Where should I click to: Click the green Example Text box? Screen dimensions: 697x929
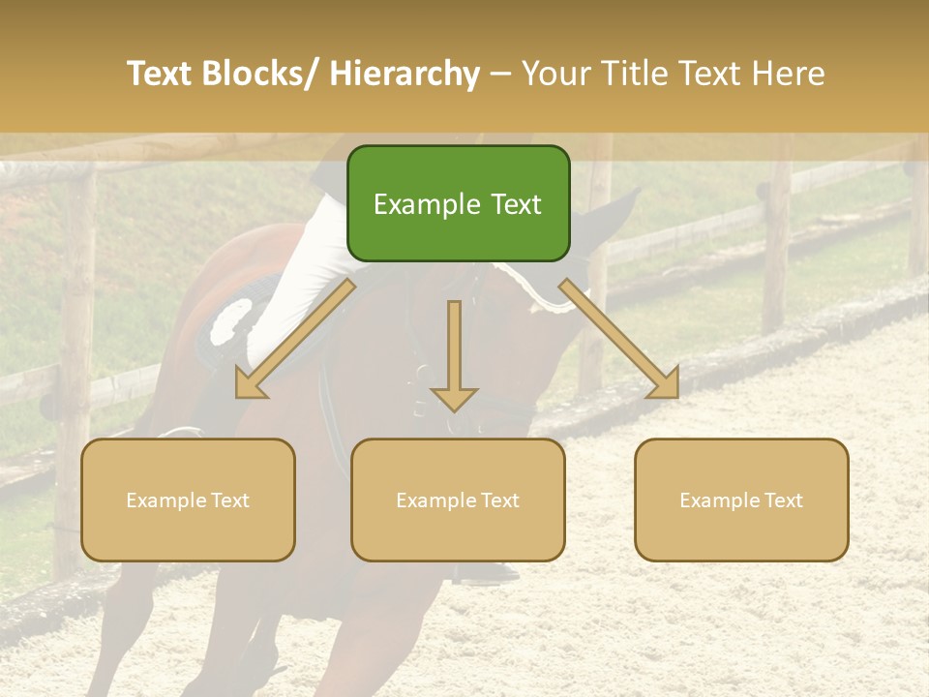[x=458, y=203]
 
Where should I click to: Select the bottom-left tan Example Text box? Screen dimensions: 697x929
[x=188, y=500]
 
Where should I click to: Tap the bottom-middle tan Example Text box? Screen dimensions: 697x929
[x=458, y=500]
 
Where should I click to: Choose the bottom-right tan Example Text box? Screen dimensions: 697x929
[x=741, y=500]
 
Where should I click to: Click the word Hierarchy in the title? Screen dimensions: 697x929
[x=404, y=74]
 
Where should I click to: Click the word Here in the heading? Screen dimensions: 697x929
[x=788, y=74]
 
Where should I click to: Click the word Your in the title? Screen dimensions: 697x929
[x=553, y=74]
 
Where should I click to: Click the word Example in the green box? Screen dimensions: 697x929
[x=427, y=204]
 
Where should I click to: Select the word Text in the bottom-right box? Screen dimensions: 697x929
[x=782, y=500]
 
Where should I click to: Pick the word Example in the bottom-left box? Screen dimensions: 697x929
[x=165, y=500]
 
